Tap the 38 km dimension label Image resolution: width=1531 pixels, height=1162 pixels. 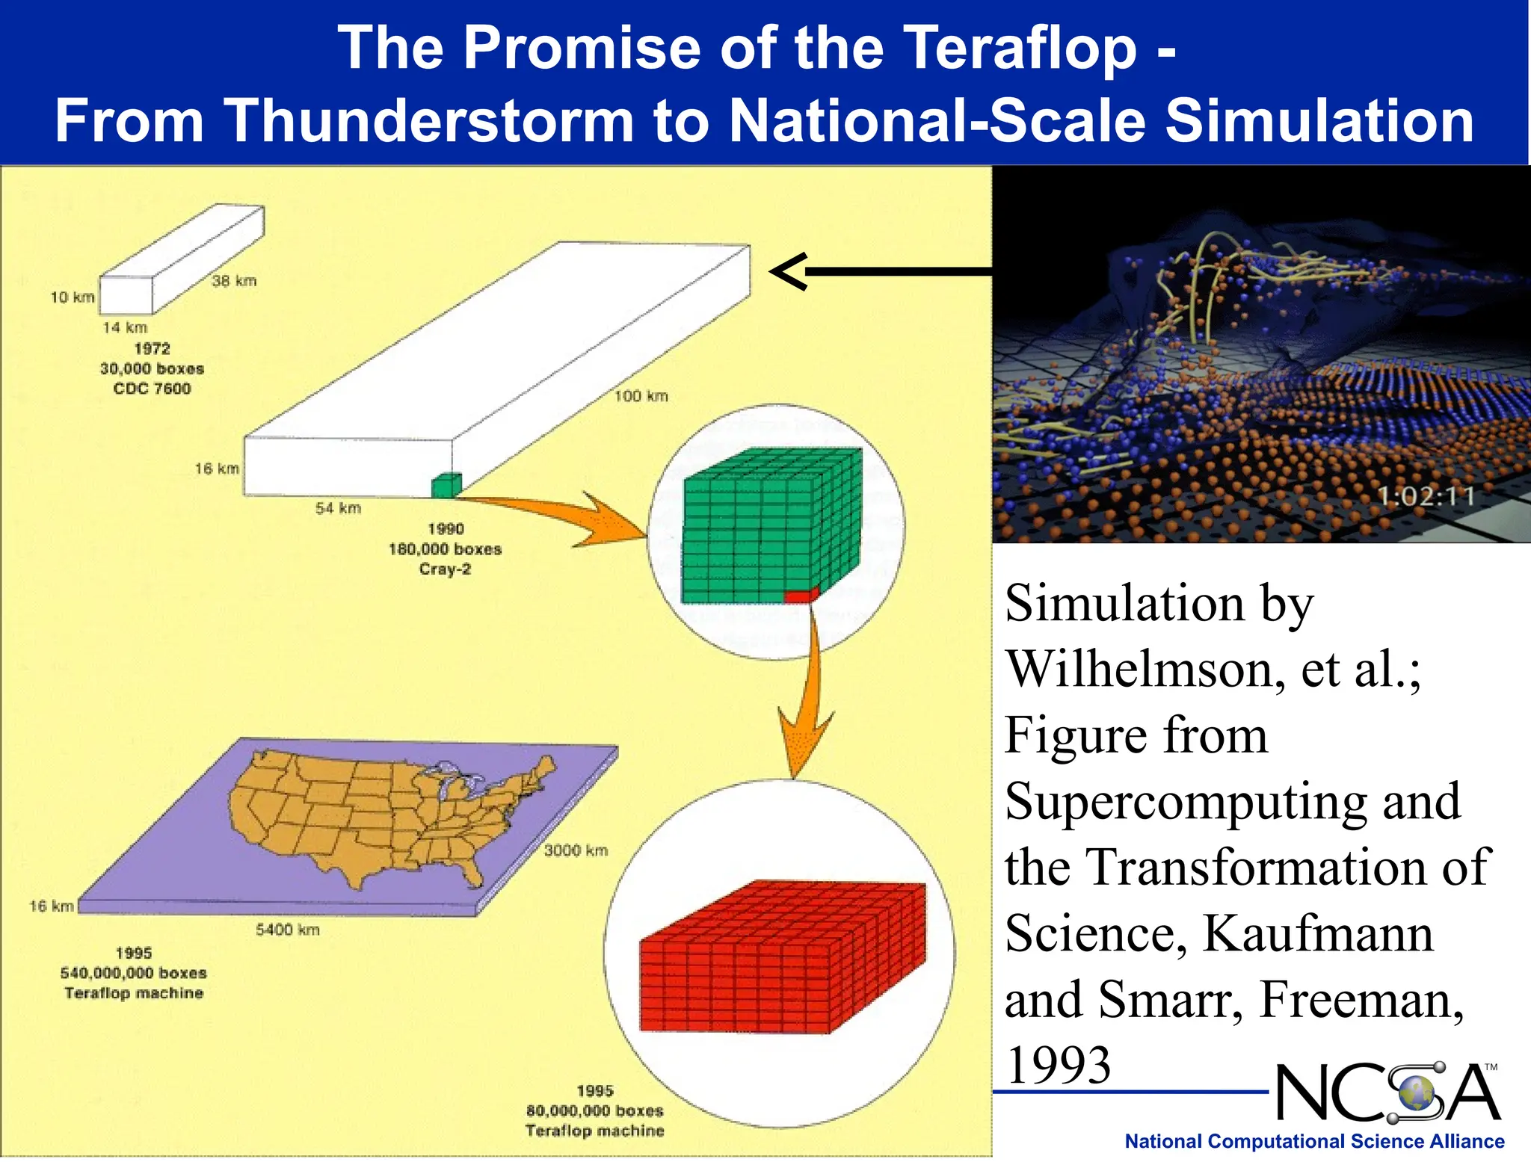(234, 281)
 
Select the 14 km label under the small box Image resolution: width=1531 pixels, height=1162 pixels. (125, 327)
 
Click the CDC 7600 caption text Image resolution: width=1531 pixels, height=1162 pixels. (152, 389)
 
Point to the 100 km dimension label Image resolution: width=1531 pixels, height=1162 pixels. (641, 396)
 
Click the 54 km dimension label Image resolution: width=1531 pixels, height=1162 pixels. (338, 508)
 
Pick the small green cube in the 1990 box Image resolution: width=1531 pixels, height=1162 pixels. (446, 486)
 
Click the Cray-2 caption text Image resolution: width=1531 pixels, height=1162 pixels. (445, 569)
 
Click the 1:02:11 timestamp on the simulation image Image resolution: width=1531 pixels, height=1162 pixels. (1425, 496)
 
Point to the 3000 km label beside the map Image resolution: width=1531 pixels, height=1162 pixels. (576, 850)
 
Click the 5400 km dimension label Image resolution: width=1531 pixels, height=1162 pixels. (288, 930)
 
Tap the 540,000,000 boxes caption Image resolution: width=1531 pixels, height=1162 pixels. (134, 973)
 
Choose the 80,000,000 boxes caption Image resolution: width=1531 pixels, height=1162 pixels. (594, 1111)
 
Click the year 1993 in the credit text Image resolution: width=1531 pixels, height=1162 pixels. (1058, 1064)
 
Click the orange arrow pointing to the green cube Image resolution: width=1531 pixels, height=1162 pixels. (568, 516)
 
